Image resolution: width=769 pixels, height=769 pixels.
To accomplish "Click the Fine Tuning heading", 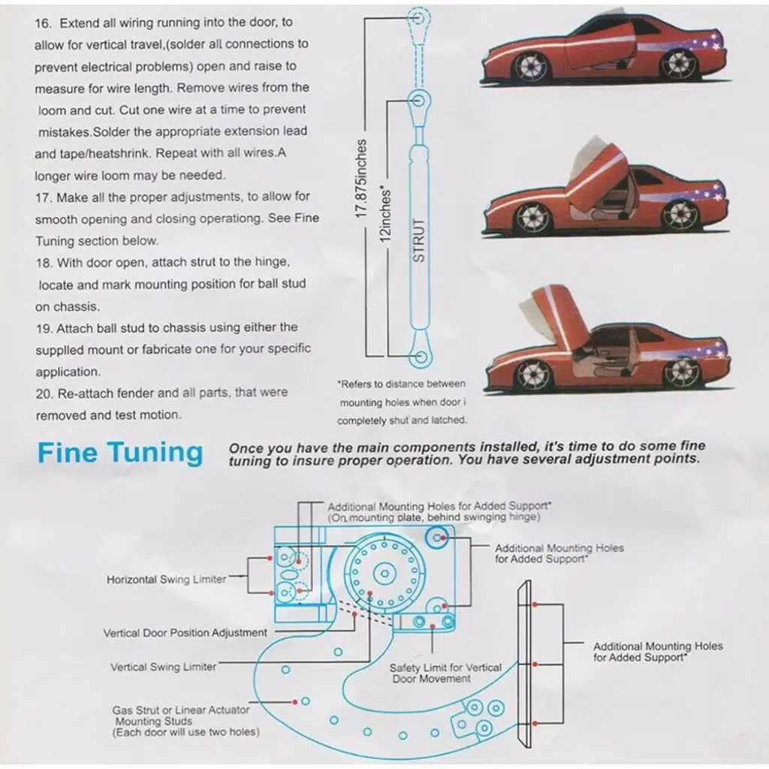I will [x=120, y=453].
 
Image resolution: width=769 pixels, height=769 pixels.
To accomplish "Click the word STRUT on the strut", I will [x=419, y=240].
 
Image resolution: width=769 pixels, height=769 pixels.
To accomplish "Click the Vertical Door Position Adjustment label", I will [x=185, y=633].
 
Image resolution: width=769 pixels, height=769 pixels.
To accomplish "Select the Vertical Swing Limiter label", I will [x=163, y=667].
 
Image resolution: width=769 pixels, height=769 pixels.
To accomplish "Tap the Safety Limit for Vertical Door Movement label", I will [x=445, y=673].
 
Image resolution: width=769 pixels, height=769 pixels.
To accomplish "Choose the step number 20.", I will [x=43, y=393].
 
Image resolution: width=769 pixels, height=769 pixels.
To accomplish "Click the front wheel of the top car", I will [x=531, y=66].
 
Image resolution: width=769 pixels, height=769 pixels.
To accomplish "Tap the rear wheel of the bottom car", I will [x=683, y=372].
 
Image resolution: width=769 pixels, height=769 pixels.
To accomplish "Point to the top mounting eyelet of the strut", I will [x=419, y=15].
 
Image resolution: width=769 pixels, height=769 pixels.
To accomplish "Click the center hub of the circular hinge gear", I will [x=382, y=573].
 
